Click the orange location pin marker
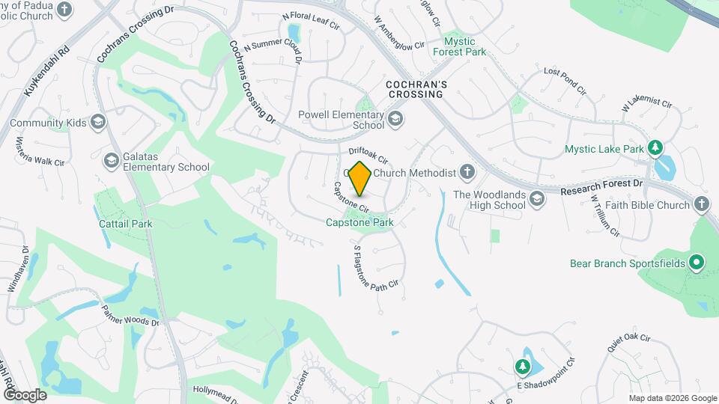pos(360,179)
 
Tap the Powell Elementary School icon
pos(395,117)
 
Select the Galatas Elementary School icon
pos(112,160)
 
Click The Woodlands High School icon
pos(536,198)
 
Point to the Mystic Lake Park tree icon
pos(656,148)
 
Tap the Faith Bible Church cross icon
pos(701,204)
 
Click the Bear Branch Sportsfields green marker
pos(696,263)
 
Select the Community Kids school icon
pos(97,122)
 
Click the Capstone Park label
pos(359,222)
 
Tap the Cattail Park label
pos(126,223)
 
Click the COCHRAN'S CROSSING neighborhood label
pos(416,90)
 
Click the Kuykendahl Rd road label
pos(46,73)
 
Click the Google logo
pos(25,394)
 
